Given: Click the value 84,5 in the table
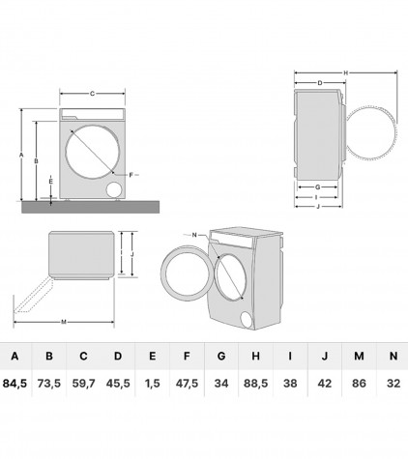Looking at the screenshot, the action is (15, 384).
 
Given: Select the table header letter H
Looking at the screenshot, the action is (255, 356).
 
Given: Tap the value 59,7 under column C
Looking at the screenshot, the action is (83, 384).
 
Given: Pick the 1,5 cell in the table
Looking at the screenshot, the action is (152, 384).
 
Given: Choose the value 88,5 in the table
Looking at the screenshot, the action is (255, 384).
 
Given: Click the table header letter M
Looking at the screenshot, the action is (359, 356).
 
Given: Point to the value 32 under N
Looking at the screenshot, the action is (393, 384).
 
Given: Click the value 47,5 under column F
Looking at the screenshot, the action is (187, 384).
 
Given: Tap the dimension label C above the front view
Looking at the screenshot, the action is (92, 94).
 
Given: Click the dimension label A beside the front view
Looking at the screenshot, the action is (21, 155).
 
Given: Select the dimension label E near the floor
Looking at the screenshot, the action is (50, 182).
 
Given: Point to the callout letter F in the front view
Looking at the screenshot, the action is (131, 175).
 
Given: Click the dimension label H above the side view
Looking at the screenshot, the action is (346, 73).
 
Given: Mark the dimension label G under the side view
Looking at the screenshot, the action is (318, 186).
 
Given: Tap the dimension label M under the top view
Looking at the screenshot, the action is (64, 322).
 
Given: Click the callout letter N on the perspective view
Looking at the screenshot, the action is (194, 235).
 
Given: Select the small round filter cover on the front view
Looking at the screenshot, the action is (114, 189).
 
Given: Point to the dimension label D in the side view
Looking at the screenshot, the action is (320, 83).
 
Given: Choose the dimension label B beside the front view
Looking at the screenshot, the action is (37, 160).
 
